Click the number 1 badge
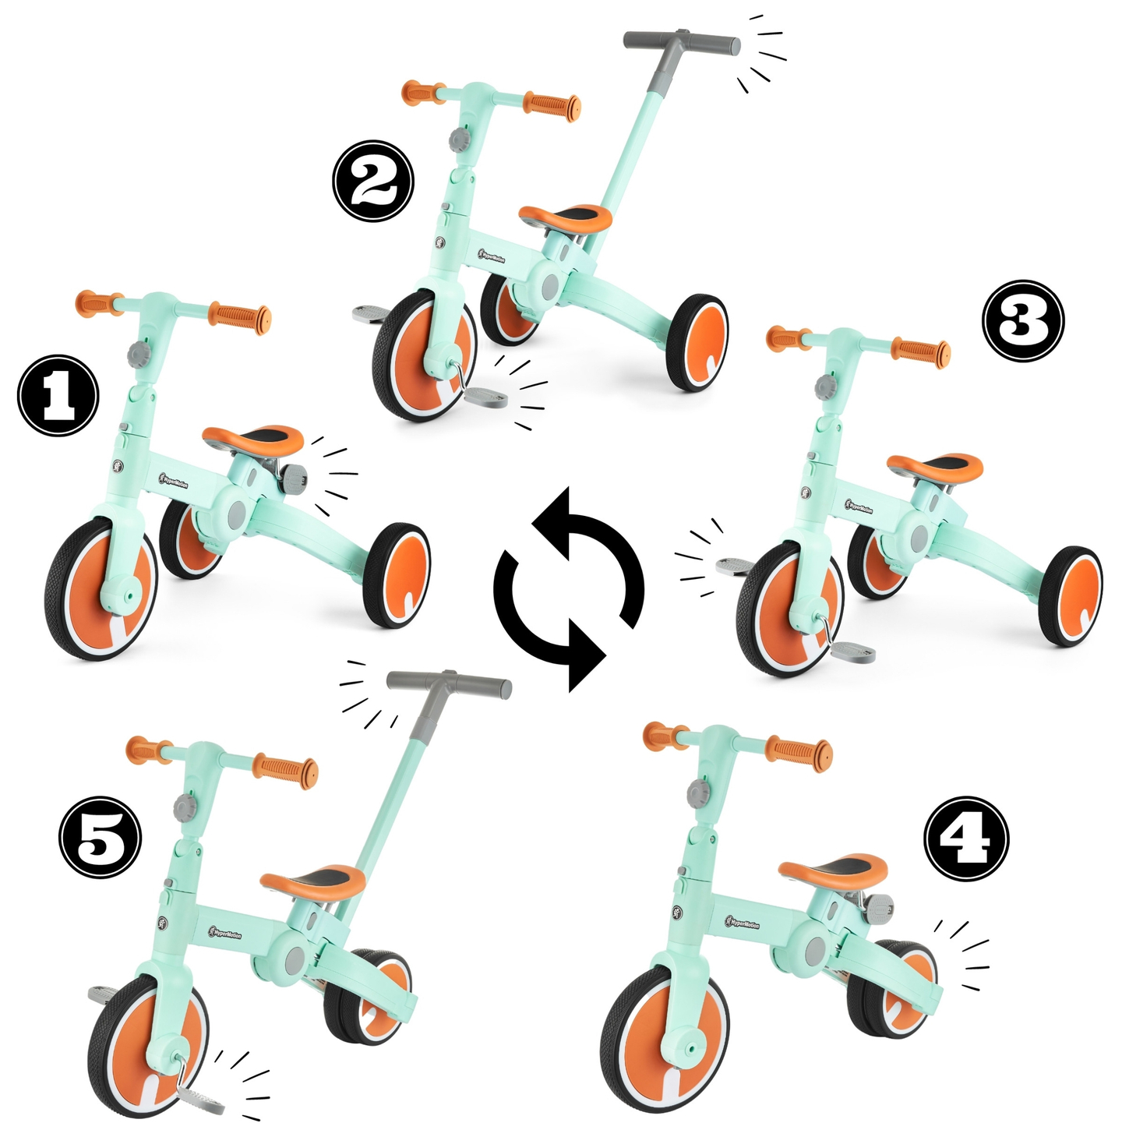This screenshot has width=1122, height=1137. [x=58, y=395]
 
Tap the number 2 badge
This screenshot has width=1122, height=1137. [x=373, y=182]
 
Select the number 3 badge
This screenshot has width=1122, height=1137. [x=1022, y=321]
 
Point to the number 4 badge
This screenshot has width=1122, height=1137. [x=966, y=839]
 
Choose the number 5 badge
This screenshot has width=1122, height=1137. [x=101, y=837]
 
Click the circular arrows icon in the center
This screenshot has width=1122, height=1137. [x=568, y=589]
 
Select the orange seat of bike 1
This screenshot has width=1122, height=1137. [x=253, y=440]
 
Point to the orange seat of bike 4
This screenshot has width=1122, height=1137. [x=833, y=868]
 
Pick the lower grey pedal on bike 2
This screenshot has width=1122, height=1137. [x=483, y=399]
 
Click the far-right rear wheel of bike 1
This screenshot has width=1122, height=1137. [x=397, y=575]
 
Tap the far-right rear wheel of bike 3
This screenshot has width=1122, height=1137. [x=1071, y=596]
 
